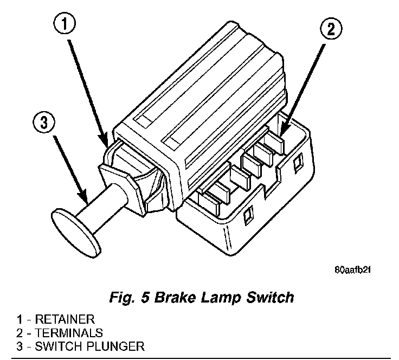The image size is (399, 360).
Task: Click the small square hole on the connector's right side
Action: coord(298,161)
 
